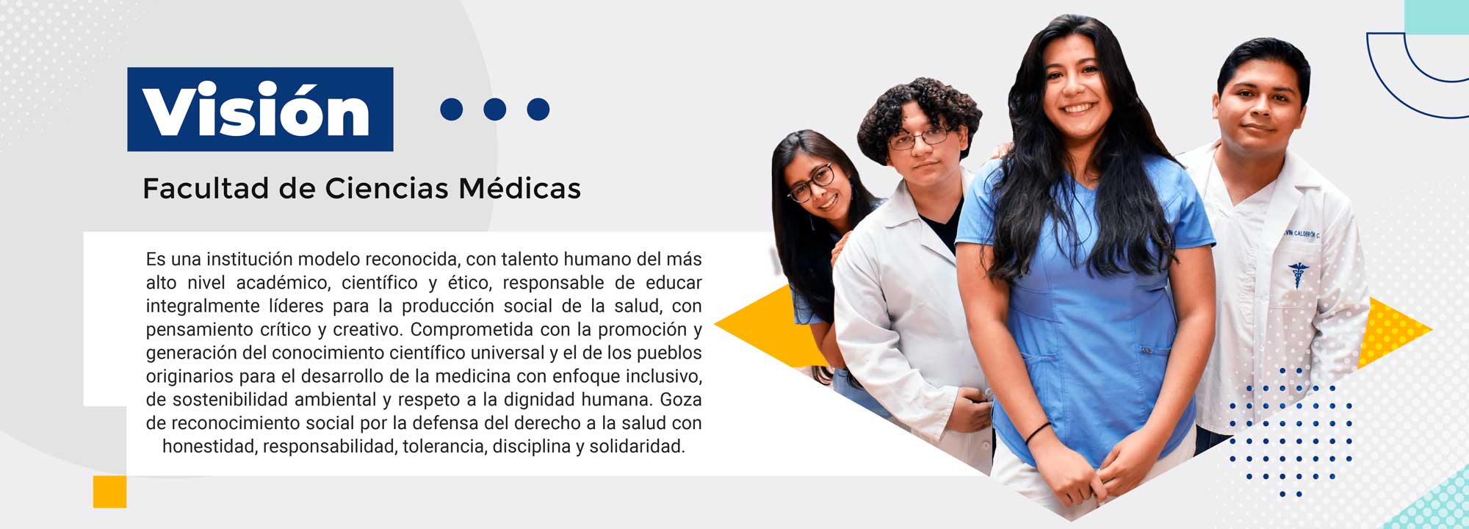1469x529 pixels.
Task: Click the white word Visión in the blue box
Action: point(256,110)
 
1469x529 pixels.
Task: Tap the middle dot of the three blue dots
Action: point(495,109)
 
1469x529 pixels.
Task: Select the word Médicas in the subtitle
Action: point(520,188)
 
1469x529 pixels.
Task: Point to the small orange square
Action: point(109,492)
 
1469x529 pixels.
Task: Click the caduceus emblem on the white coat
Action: point(1299,274)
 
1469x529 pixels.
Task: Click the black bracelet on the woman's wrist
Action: point(1039,433)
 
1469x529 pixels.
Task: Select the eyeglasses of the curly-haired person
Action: point(920,138)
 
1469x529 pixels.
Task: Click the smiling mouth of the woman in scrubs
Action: point(1078,108)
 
